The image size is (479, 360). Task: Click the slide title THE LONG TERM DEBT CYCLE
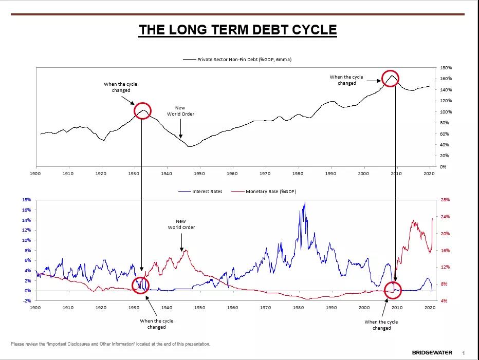tap(237, 30)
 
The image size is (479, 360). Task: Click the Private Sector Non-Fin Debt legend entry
tap(244, 60)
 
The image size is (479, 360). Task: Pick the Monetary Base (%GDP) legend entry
tap(270, 192)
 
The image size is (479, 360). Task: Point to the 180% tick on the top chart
tap(446, 68)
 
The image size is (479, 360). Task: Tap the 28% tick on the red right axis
tap(445, 200)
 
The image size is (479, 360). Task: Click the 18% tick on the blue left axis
tap(26, 200)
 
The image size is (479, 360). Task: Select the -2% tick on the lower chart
tap(26, 301)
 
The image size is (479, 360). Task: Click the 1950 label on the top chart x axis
tap(199, 174)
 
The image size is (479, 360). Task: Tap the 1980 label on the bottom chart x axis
tap(298, 307)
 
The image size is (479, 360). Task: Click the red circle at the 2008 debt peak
tap(391, 79)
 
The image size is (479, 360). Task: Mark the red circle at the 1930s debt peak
tap(142, 111)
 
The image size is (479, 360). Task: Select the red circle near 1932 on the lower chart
tap(140, 285)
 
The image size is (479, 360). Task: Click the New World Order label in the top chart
tap(180, 111)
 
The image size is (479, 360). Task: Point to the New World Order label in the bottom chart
tap(181, 224)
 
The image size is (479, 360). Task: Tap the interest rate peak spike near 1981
tap(304, 203)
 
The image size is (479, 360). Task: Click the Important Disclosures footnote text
tap(110, 344)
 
